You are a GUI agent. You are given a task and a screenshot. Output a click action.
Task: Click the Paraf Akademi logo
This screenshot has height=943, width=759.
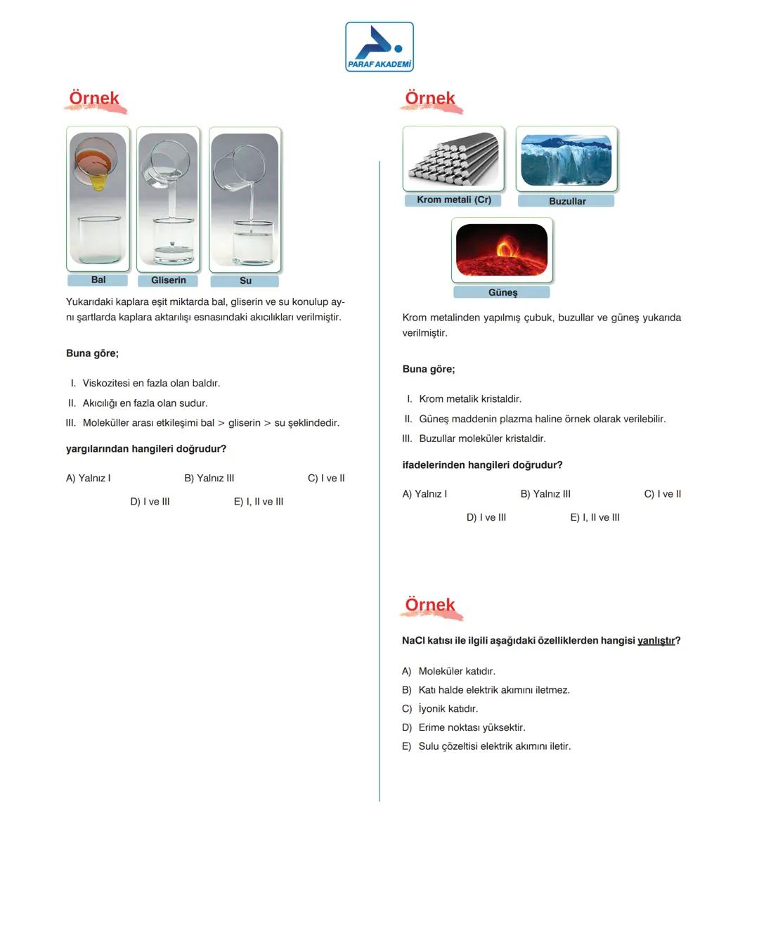[379, 46]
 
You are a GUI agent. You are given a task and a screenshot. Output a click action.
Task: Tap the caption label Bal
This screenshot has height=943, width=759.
[98, 280]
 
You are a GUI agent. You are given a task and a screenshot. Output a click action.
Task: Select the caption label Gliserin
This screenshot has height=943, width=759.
[168, 280]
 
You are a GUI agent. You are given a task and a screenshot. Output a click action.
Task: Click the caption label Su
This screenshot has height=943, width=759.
[245, 281]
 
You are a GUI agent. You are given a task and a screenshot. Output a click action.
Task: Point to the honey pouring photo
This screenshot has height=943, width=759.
[98, 198]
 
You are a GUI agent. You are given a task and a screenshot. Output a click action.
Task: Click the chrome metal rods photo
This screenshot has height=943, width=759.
[453, 158]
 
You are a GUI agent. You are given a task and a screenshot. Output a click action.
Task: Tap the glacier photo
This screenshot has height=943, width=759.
[566, 159]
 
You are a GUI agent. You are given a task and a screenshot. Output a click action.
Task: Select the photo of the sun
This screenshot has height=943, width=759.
[502, 250]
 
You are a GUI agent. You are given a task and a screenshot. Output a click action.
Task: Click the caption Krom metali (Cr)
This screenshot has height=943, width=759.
[453, 200]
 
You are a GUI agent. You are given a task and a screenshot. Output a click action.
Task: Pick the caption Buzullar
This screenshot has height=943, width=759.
[566, 201]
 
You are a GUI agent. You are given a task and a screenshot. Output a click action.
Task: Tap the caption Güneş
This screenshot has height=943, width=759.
[502, 292]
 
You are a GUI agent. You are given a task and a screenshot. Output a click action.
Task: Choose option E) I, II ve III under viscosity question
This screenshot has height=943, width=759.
[259, 502]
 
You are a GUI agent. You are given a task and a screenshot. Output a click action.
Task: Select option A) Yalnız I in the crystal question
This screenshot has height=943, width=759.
[424, 494]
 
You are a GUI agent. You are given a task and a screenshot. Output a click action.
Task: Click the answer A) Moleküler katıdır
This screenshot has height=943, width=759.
[449, 671]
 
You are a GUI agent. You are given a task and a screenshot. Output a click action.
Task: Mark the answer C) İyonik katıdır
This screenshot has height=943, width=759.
[441, 709]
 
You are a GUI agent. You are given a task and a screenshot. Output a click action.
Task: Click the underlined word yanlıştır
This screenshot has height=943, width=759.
[656, 641]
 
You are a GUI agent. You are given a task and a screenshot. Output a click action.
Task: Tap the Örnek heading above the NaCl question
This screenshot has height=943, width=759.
[430, 605]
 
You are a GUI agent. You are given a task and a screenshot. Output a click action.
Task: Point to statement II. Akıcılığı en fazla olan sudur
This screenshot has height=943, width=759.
[138, 403]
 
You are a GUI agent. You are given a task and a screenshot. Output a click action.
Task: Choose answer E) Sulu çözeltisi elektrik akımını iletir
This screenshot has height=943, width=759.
[486, 746]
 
